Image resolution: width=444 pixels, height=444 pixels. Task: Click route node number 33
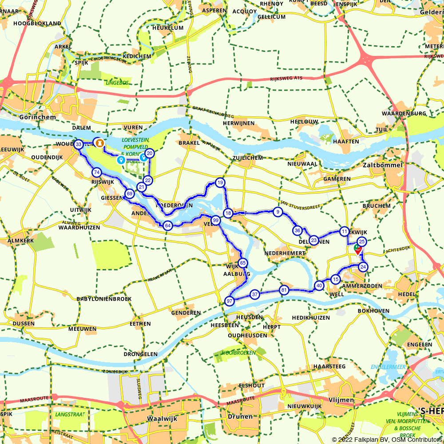click(x=79, y=144)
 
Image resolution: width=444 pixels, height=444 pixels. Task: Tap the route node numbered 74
click(x=96, y=172)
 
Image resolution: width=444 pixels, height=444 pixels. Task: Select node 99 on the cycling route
click(x=215, y=220)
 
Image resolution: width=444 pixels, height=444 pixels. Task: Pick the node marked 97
click(x=230, y=301)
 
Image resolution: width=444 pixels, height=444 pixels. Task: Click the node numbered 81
click(x=284, y=290)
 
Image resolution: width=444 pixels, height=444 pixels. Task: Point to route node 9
click(x=277, y=212)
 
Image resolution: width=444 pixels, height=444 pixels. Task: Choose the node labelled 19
click(x=220, y=182)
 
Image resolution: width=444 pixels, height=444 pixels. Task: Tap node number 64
click(x=167, y=226)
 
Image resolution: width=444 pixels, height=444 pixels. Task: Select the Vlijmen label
click(x=341, y=400)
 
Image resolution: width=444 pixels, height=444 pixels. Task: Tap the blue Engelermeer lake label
click(x=388, y=366)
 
